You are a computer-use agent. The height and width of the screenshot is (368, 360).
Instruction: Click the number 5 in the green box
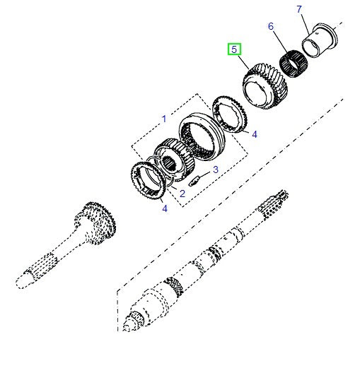click(x=234, y=49)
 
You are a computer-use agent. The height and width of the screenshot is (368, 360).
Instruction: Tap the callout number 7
click(x=298, y=9)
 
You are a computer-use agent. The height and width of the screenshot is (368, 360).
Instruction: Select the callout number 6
click(x=270, y=26)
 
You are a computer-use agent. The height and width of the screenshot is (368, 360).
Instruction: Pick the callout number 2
click(x=182, y=193)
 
